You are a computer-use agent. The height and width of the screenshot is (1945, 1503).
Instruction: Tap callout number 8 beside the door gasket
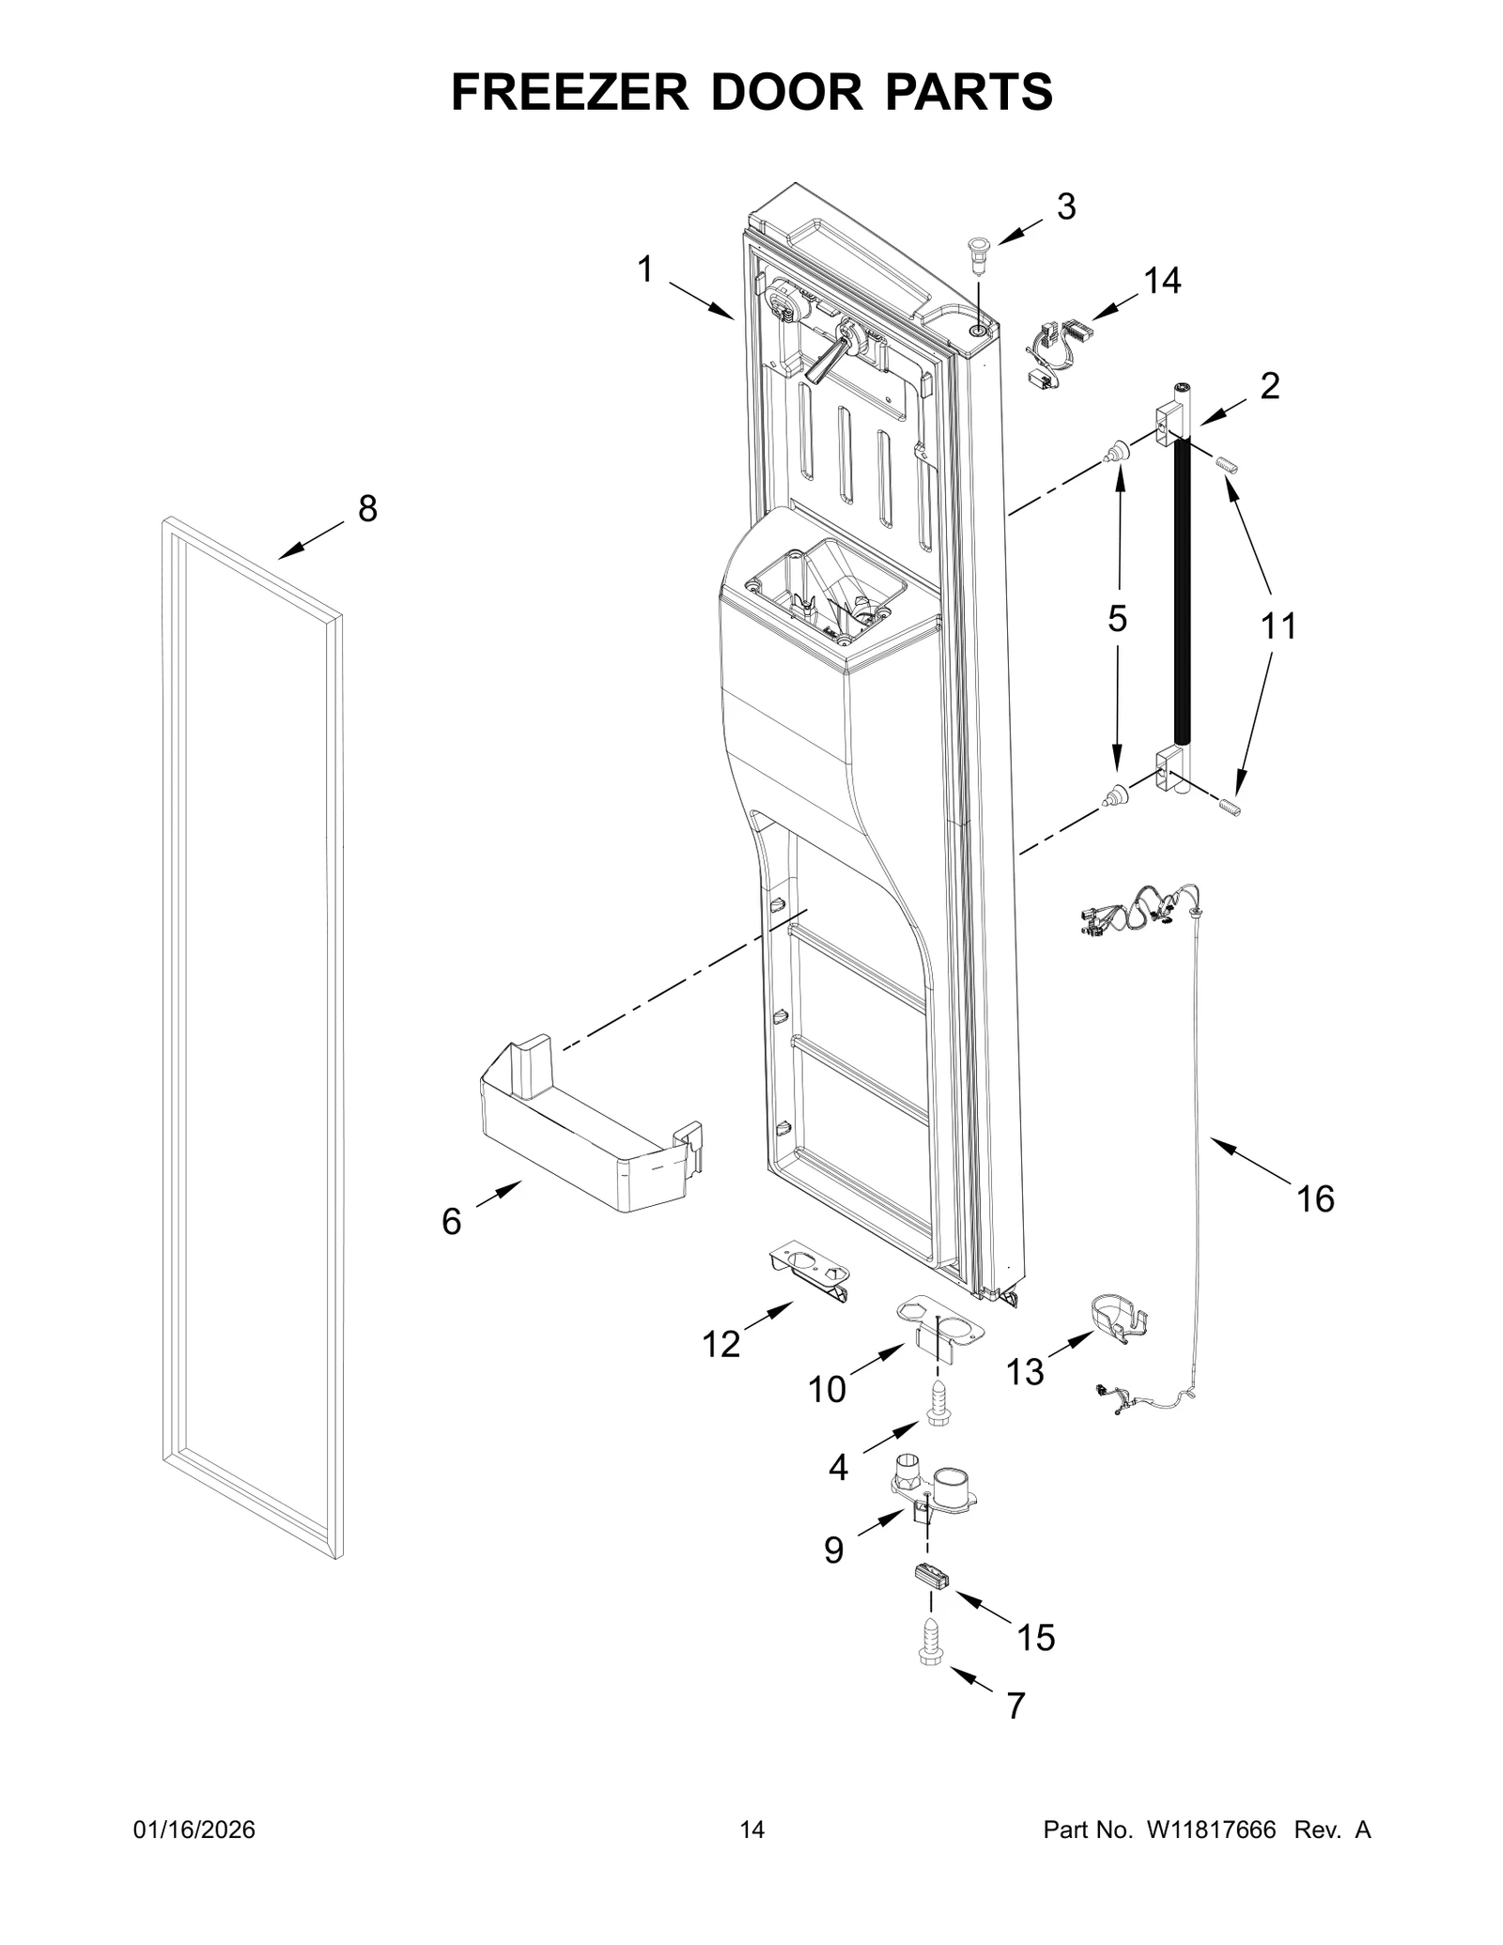(367, 509)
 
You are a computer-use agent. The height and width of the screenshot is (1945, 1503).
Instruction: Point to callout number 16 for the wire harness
(1315, 1199)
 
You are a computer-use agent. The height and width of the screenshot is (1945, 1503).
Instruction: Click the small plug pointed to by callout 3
(978, 253)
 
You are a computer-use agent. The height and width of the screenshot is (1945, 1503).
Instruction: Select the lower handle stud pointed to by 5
(1115, 796)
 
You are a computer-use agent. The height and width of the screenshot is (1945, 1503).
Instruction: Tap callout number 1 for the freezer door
(644, 270)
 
